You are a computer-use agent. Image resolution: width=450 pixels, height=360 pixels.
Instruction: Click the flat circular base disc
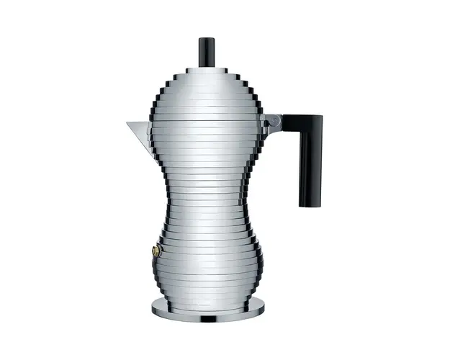pyautogui.click(x=208, y=308)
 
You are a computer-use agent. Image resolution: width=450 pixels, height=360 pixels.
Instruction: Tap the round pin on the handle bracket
pyautogui.click(x=271, y=124)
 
